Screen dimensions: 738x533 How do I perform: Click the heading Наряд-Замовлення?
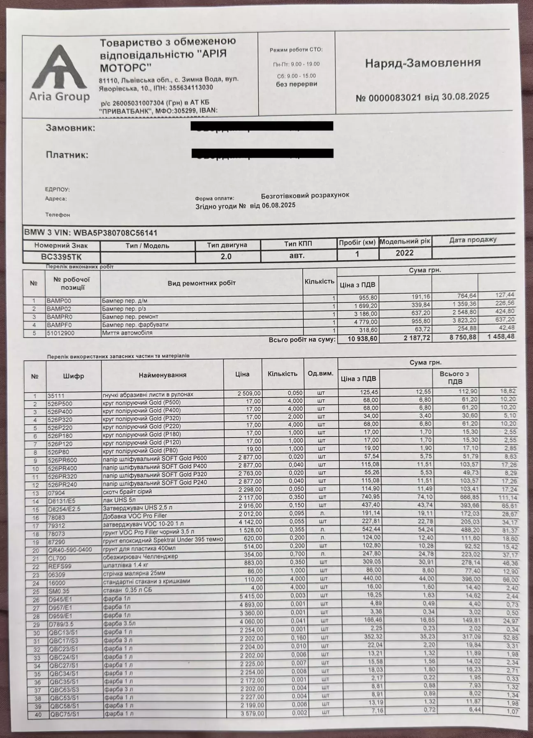point(423,63)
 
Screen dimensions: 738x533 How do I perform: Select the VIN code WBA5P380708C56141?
point(115,233)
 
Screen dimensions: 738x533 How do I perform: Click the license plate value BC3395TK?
point(61,256)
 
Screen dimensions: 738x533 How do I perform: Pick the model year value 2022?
point(404,253)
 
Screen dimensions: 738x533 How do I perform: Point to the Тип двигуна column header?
point(227,245)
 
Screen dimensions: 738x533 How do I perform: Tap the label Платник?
point(67,155)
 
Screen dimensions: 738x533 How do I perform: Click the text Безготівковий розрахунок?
point(305,195)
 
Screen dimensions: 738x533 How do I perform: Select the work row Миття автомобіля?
point(127,333)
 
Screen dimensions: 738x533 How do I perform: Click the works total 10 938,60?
point(363,339)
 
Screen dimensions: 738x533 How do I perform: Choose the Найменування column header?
point(162,375)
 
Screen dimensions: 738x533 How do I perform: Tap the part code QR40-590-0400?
point(70,550)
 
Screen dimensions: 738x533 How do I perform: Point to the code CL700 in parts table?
point(57,558)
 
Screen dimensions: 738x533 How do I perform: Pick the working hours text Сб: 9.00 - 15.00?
point(296,76)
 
